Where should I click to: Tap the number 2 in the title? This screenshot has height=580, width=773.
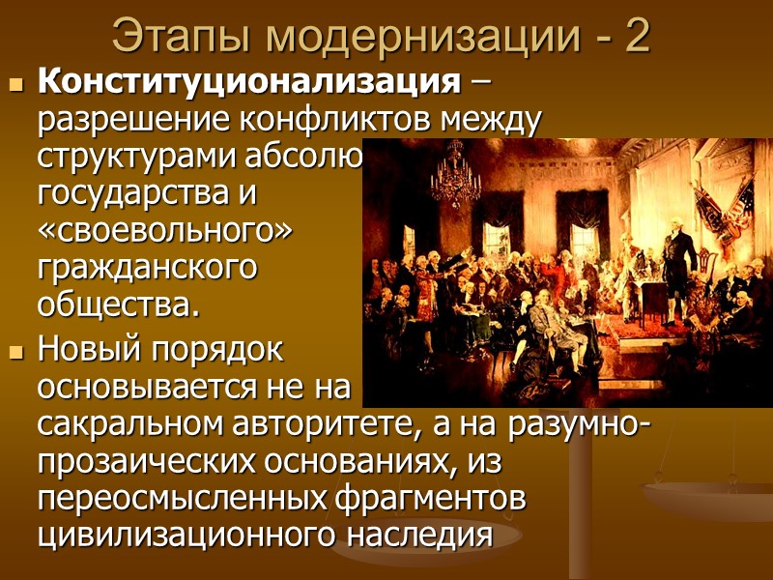click(637, 38)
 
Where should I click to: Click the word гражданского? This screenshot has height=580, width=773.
click(147, 269)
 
